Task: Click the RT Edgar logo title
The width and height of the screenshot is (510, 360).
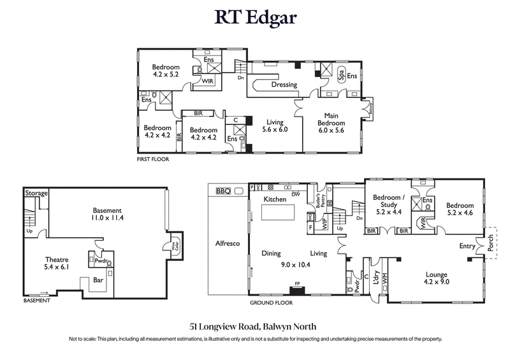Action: [x=255, y=17]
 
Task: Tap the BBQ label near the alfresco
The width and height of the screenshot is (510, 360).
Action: [x=222, y=191]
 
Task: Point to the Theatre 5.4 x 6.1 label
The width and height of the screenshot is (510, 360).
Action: [x=57, y=263]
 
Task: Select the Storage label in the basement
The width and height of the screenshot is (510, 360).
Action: [x=36, y=192]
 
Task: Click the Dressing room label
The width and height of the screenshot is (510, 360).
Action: [x=284, y=85]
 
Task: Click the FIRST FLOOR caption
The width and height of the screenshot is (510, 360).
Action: [x=153, y=159]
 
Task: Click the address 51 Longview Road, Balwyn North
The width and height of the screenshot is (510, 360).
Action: [x=255, y=326]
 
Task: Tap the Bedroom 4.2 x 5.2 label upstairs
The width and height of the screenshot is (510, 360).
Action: [x=166, y=70]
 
